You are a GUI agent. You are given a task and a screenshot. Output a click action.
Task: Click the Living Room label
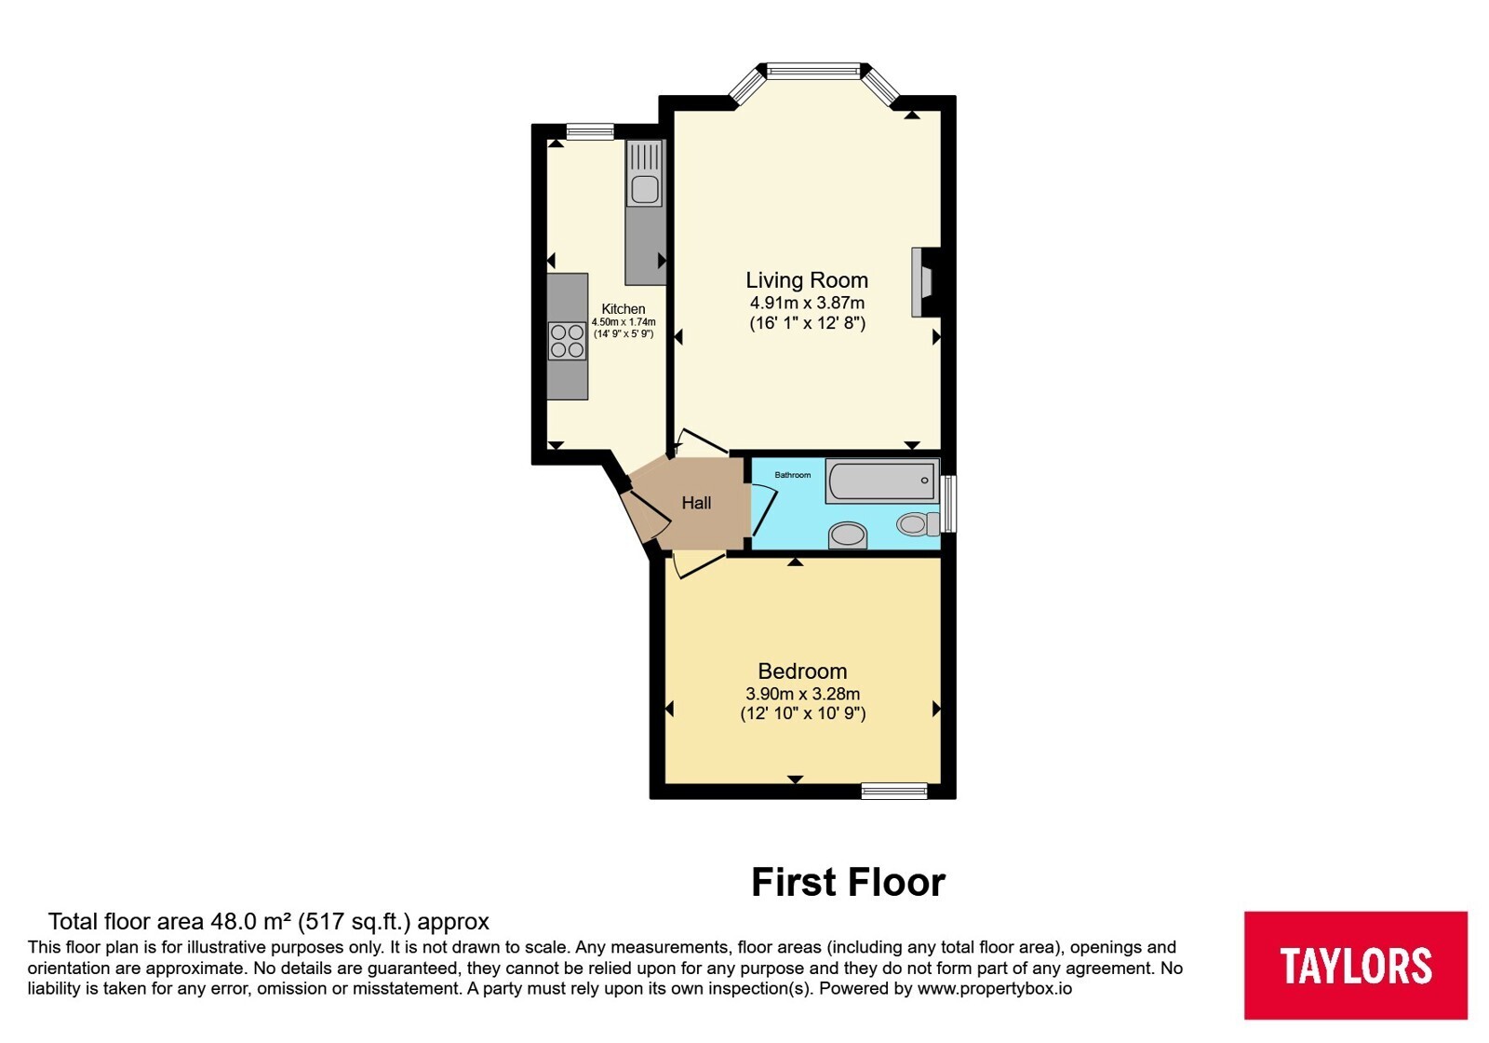[806, 280]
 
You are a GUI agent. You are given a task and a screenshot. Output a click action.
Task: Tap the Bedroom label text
[802, 670]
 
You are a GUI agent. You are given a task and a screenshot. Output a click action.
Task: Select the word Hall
[696, 503]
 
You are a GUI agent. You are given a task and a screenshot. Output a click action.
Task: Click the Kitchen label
[623, 309]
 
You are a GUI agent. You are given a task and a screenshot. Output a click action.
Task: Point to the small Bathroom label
[792, 475]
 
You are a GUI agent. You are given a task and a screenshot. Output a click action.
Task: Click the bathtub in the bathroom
[882, 481]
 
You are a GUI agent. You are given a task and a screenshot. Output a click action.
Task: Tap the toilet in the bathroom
[918, 523]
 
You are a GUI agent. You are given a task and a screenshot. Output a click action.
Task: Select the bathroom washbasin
[848, 535]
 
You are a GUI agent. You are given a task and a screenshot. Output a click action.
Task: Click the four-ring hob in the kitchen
[567, 341]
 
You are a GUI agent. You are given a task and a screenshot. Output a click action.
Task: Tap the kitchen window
[590, 131]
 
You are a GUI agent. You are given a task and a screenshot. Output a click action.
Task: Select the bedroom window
[894, 791]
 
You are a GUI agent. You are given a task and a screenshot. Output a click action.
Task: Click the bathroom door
[763, 511]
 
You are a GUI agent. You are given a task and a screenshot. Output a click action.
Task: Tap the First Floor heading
[848, 883]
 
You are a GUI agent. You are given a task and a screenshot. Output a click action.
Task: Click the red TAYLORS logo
[1355, 965]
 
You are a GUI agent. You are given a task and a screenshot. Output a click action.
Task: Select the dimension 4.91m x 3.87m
[807, 304]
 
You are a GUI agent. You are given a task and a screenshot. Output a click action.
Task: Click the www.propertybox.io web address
[995, 988]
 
